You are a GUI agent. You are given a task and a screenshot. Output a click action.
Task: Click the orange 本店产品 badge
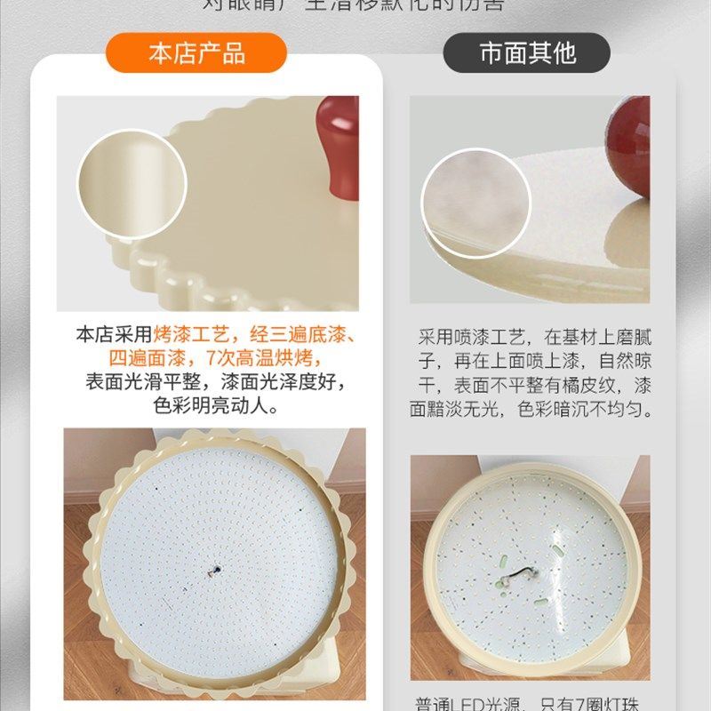(x=196, y=53)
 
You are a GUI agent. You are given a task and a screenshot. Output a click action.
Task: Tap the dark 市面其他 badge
(x=527, y=53)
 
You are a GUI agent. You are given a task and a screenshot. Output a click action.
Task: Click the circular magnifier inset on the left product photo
(x=132, y=185)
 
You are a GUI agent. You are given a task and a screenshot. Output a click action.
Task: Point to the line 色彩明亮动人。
(x=217, y=408)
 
